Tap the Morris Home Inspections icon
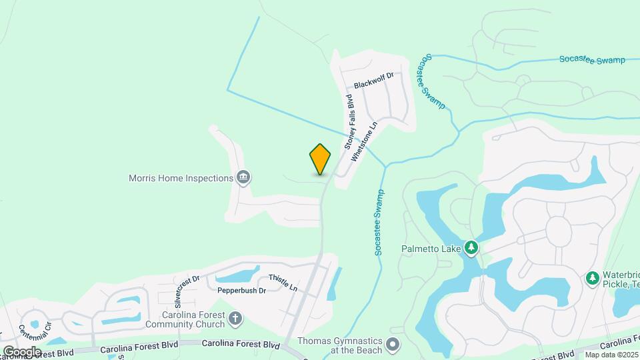point(243,177)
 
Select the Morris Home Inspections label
point(181,178)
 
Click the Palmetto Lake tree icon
point(471,249)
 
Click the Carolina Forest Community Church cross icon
point(235,319)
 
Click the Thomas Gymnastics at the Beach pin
point(393,345)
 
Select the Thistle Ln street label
point(283,282)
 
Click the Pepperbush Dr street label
point(241,291)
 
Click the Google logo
point(22,351)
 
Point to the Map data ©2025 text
point(611,355)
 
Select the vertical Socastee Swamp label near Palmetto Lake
point(379,223)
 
